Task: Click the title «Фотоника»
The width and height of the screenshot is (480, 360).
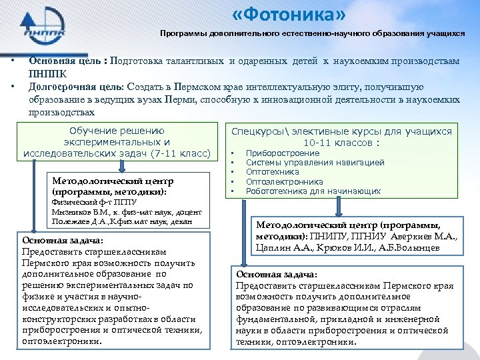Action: point(299,15)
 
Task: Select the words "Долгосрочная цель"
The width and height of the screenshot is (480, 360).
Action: point(71,87)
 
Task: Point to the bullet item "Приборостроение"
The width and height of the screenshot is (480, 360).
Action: point(273,153)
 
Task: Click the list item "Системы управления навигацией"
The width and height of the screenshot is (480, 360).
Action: point(315,163)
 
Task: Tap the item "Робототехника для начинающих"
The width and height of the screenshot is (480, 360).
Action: point(313,191)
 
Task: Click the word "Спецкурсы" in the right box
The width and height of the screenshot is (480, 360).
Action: point(257,131)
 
